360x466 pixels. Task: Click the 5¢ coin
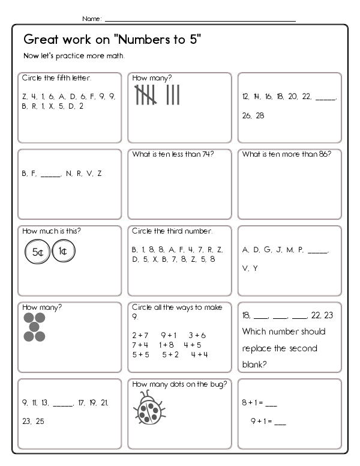click(37, 253)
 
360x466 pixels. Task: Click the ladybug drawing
click(147, 409)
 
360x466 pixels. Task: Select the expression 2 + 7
click(140, 335)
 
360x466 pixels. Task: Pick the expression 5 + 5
click(140, 354)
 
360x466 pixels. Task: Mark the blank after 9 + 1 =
click(280, 422)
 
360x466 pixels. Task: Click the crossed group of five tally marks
click(147, 95)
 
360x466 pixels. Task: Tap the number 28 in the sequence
click(260, 115)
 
